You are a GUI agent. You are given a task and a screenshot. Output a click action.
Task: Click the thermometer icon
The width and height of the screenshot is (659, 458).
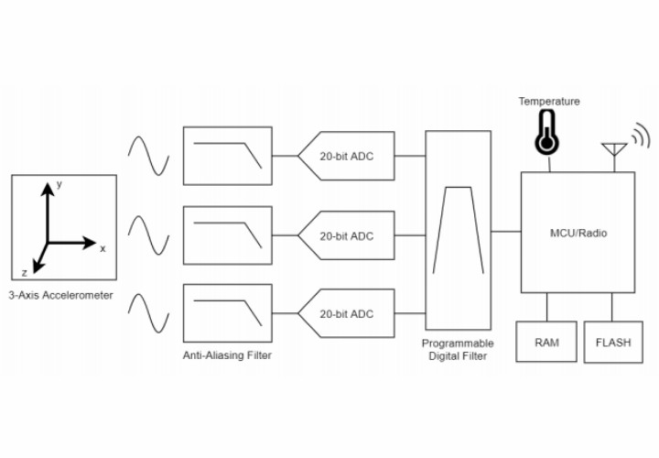pyautogui.click(x=547, y=132)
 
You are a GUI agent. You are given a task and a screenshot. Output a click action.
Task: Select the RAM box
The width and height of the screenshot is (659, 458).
pyautogui.click(x=546, y=342)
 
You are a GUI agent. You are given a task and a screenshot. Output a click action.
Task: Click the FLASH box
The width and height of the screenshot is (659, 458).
pyautogui.click(x=612, y=342)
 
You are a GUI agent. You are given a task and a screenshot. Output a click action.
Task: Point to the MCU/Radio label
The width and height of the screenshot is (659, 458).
pyautogui.click(x=577, y=233)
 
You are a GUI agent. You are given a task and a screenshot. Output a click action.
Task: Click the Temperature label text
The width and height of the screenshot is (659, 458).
pyautogui.click(x=549, y=101)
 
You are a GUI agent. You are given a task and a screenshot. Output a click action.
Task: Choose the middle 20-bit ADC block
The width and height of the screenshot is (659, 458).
pyautogui.click(x=347, y=235)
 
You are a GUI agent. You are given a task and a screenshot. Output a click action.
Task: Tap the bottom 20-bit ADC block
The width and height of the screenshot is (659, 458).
pyautogui.click(x=347, y=314)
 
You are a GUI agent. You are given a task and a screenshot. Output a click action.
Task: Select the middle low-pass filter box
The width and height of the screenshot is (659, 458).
pyautogui.click(x=228, y=234)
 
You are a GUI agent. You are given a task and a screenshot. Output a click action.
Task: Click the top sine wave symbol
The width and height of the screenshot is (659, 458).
pyautogui.click(x=148, y=155)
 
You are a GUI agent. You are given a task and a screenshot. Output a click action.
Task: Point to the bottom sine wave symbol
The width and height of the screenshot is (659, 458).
pyautogui.click(x=148, y=312)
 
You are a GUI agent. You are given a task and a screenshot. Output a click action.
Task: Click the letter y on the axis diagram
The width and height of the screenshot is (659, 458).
pyautogui.click(x=59, y=184)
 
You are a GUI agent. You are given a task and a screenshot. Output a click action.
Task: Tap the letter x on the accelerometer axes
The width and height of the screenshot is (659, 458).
pyautogui.click(x=103, y=248)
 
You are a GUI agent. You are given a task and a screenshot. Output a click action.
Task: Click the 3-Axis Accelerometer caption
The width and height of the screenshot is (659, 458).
pyautogui.click(x=62, y=295)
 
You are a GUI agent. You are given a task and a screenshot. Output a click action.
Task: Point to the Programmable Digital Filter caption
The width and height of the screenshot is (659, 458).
pyautogui.click(x=458, y=350)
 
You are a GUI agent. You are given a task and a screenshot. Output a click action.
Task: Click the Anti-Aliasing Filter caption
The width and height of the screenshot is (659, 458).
pyautogui.click(x=228, y=354)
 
